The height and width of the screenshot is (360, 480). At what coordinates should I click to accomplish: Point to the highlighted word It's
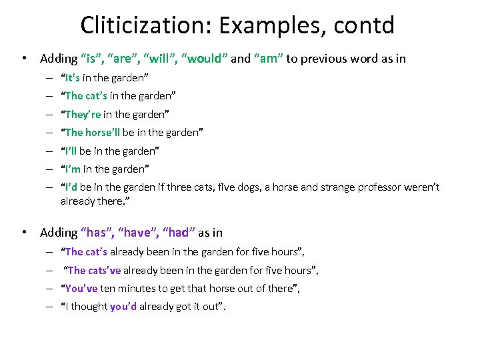pyautogui.click(x=72, y=77)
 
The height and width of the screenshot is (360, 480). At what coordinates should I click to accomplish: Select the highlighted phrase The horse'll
pyautogui.click(x=92, y=132)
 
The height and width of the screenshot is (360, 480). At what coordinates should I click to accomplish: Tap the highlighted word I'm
pyautogui.click(x=71, y=169)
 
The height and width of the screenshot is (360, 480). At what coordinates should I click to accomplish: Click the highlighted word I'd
pyautogui.click(x=71, y=187)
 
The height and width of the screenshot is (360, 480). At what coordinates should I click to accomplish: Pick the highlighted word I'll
pyautogui.click(x=70, y=151)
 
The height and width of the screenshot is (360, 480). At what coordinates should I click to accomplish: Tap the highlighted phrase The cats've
pyautogui.click(x=94, y=270)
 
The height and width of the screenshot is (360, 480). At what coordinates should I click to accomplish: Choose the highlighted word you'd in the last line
pyautogui.click(x=123, y=307)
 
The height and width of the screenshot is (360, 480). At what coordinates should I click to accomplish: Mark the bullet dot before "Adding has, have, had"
pyautogui.click(x=25, y=233)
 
